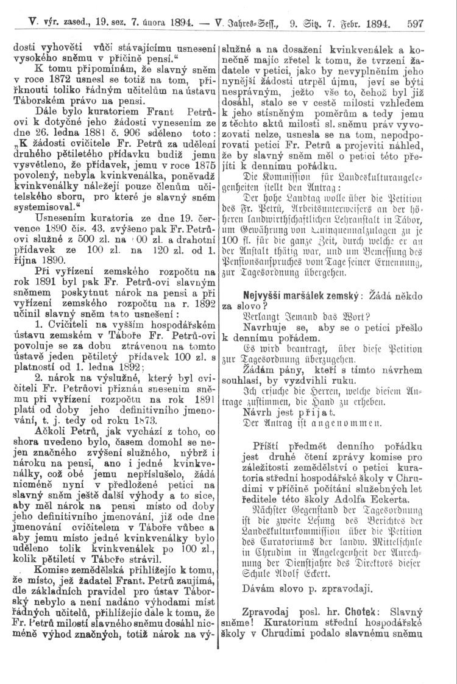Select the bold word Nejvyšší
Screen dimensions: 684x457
pos(266,295)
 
